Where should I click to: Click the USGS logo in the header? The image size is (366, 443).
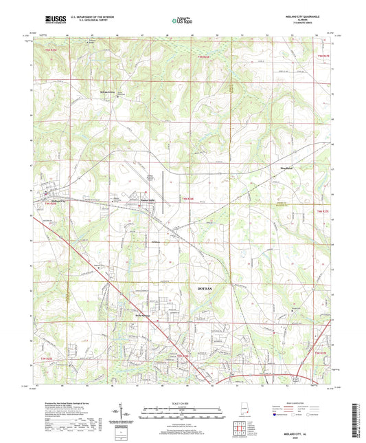click(54, 20)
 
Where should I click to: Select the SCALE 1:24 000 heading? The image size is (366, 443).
click(181, 403)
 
